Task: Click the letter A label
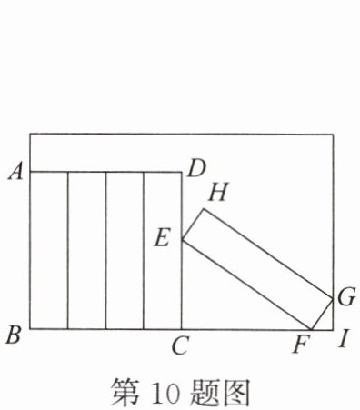(15, 173)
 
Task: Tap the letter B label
(14, 335)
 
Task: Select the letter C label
(180, 345)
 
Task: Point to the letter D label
(196, 169)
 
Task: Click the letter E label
(162, 238)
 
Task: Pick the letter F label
(301, 345)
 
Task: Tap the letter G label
(346, 297)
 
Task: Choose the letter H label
(217, 193)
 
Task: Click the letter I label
(344, 339)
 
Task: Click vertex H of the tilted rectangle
(204, 209)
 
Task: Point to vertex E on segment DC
(182, 239)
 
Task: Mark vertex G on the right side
(333, 299)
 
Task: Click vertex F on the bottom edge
(311, 329)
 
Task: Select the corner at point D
(182, 172)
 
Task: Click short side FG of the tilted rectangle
(322, 315)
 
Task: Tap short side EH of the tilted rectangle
(193, 225)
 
